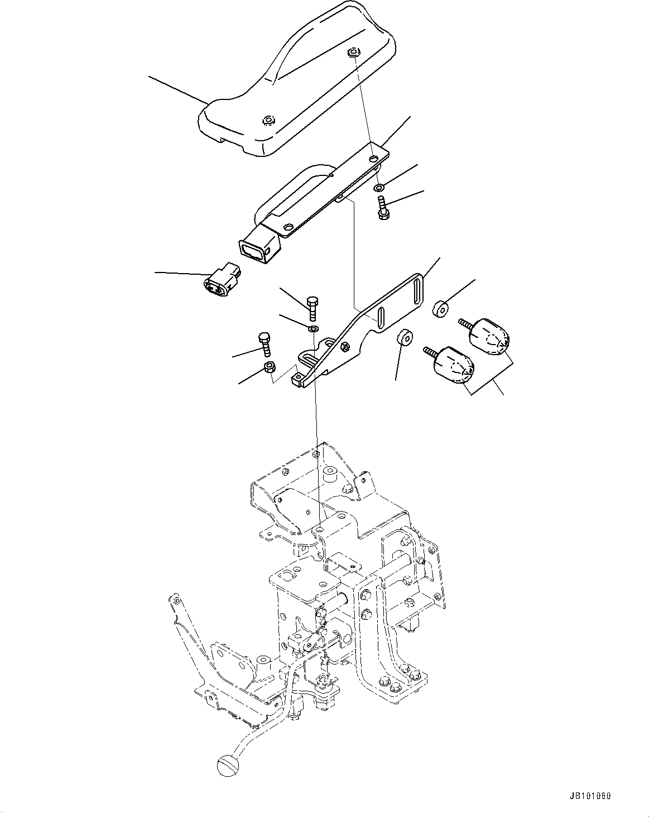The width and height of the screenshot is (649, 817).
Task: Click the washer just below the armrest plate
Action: (379, 187)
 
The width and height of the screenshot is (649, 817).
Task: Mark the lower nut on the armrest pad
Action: (269, 120)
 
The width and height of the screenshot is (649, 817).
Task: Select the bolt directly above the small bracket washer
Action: (313, 307)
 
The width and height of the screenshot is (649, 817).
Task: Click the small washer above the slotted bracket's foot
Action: (314, 328)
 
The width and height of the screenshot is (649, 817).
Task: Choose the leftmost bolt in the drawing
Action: (265, 345)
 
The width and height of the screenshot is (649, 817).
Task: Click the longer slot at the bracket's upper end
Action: (416, 291)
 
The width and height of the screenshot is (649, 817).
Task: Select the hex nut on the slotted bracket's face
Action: (345, 347)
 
